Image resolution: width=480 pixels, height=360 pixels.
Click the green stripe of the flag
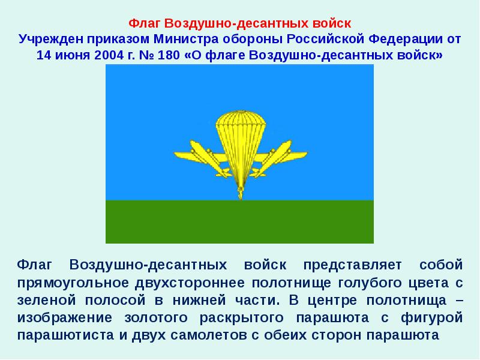click(240, 222)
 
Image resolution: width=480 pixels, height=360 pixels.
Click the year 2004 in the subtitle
click(109, 56)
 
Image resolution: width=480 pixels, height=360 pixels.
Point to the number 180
click(170, 56)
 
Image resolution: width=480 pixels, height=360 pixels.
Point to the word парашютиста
click(67, 334)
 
